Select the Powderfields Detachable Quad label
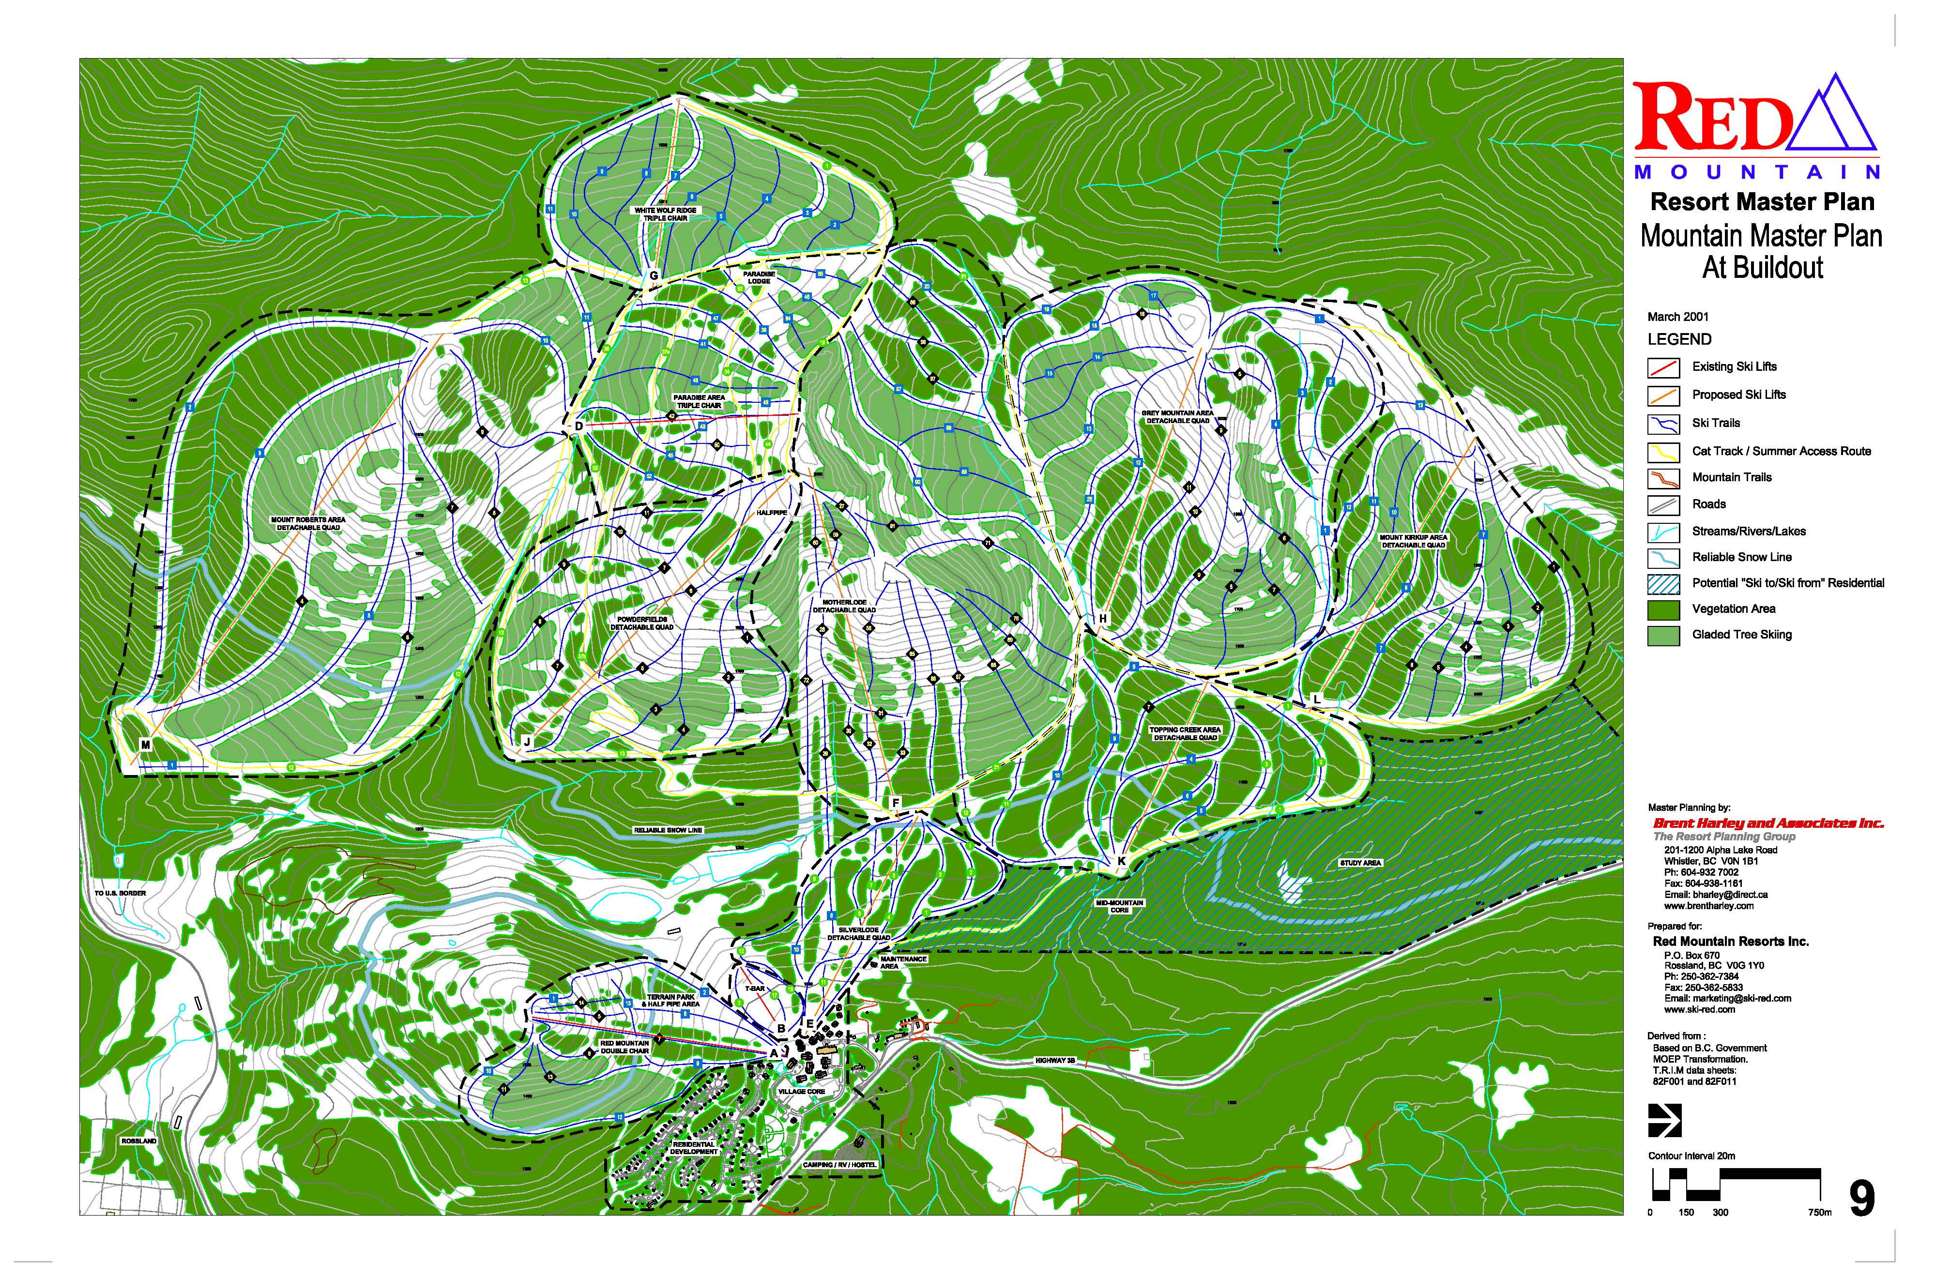click(642, 624)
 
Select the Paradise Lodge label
click(759, 277)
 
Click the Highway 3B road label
click(1061, 1060)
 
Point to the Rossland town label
click(138, 1141)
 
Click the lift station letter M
click(146, 744)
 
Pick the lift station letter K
click(1122, 861)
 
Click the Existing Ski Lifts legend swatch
click(1663, 367)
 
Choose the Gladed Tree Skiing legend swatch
click(1663, 636)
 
